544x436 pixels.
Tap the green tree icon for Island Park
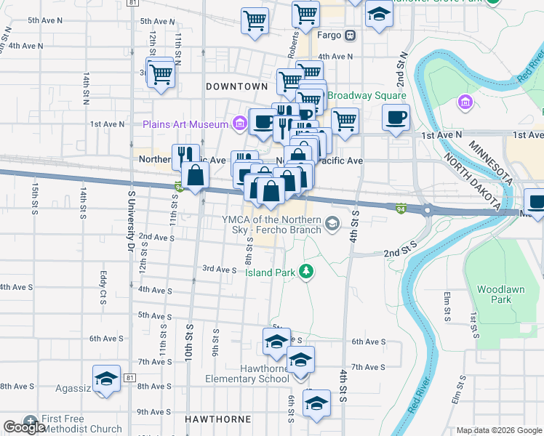click(x=307, y=272)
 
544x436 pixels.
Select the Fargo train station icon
click(x=350, y=34)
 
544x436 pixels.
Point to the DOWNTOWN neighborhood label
click(x=237, y=86)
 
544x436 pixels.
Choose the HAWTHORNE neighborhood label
click(x=217, y=419)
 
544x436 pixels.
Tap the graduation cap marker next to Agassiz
click(x=106, y=379)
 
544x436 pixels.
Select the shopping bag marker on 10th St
click(x=196, y=175)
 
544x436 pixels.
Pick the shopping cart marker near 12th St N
click(x=161, y=73)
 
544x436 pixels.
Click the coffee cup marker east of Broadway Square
click(x=396, y=117)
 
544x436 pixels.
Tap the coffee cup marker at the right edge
click(x=536, y=202)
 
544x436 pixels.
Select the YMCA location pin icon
click(x=333, y=223)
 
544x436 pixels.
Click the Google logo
click(x=25, y=428)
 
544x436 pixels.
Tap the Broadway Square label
click(x=367, y=96)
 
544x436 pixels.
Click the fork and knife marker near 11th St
click(x=185, y=156)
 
